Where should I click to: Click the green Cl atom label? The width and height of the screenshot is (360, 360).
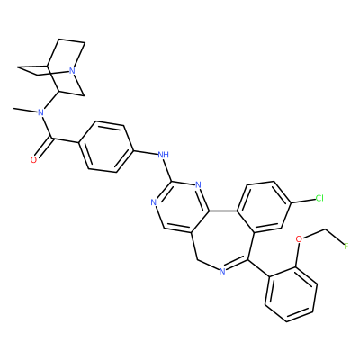319,198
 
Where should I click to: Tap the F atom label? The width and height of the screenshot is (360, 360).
346,247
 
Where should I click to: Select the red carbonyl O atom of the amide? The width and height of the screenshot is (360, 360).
33,160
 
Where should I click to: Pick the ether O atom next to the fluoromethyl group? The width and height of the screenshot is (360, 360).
299,239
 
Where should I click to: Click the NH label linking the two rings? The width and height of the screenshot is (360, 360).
163,155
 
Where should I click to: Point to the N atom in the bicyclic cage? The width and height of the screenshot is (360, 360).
71,71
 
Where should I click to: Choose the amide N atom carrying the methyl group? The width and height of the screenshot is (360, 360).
41,112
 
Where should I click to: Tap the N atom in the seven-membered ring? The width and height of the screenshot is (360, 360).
222,272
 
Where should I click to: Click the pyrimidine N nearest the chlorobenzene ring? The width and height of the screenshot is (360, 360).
198,184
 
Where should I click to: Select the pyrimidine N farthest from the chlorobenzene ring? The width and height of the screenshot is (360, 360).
154,202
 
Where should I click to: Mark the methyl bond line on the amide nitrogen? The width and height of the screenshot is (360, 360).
25,111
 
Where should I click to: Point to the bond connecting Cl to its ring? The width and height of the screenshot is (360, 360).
303,201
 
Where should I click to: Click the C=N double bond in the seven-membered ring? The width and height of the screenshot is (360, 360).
237,265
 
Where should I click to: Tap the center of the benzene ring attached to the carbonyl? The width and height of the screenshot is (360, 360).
105,147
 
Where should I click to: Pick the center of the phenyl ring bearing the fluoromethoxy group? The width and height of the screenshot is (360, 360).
291,294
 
